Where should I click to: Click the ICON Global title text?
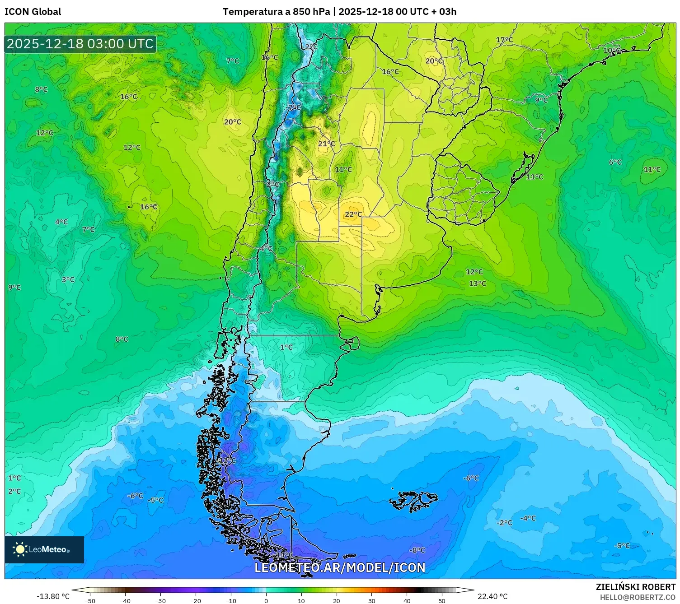tap(33, 12)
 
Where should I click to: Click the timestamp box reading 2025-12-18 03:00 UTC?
tap(80, 44)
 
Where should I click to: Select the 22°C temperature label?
tap(353, 214)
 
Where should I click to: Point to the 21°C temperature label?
tap(326, 144)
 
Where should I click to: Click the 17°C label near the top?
tap(504, 40)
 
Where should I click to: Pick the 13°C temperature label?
tap(478, 283)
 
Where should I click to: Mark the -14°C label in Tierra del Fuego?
tap(284, 554)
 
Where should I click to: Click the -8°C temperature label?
tap(417, 550)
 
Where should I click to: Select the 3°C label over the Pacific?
tap(68, 280)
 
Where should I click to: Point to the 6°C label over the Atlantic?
tap(615, 163)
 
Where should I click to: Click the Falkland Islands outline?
tap(413, 500)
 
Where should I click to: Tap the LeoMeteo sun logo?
tap(20, 549)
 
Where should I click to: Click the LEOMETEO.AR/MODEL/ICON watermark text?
tap(340, 568)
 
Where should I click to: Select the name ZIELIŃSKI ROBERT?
tap(635, 587)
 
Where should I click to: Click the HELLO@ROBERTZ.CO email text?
tap(638, 597)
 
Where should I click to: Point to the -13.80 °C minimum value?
tap(53, 596)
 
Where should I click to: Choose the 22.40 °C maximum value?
tap(492, 596)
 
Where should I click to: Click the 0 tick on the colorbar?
tap(266, 600)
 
